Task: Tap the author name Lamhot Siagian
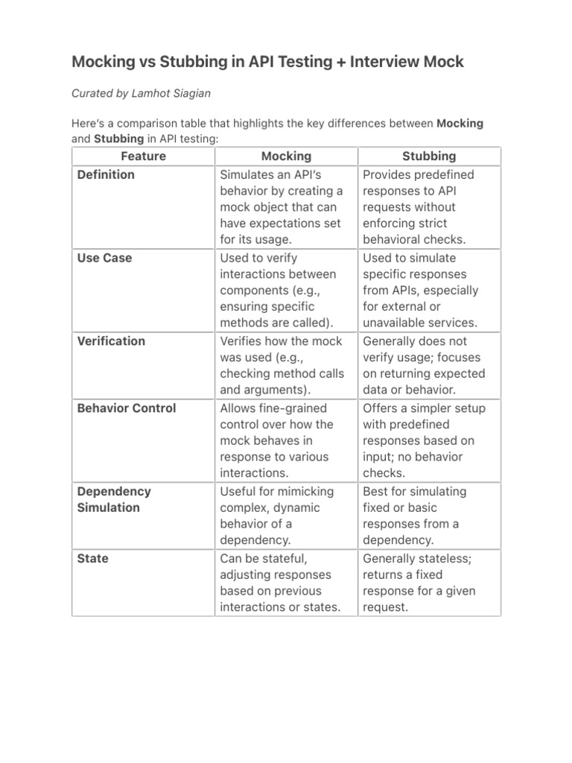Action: [175, 93]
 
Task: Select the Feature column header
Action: [143, 156]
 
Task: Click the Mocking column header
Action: [286, 156]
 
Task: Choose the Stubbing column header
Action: [429, 156]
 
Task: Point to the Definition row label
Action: [106, 174]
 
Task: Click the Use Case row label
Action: [104, 258]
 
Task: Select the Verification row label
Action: [111, 341]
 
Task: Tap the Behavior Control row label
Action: [127, 408]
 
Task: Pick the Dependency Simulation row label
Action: [114, 499]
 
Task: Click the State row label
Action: [92, 559]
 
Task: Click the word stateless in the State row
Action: [455, 559]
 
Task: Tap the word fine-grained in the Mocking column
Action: [293, 408]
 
